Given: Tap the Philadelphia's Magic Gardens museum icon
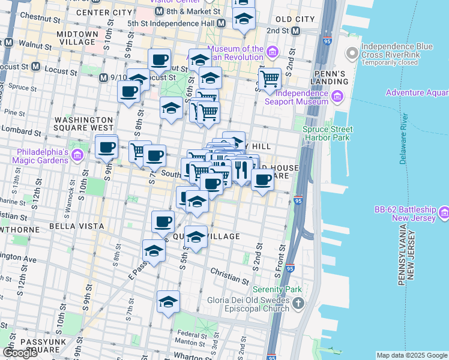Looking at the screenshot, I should pyautogui.click(x=76, y=156).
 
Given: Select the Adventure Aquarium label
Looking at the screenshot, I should pyautogui.click(x=417, y=92).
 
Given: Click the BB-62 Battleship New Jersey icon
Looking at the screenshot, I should pyautogui.click(x=444, y=212).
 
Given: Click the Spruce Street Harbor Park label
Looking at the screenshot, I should pyautogui.click(x=327, y=133).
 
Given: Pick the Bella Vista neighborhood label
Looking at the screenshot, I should pyautogui.click(x=72, y=226).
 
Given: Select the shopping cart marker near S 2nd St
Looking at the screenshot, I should pyautogui.click(x=270, y=78).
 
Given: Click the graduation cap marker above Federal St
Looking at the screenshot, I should pyautogui.click(x=168, y=301).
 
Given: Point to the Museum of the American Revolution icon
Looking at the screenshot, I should pyautogui.click(x=272, y=52).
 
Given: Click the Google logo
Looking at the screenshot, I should pyautogui.click(x=20, y=353).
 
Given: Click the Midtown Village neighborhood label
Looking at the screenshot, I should pyautogui.click(x=76, y=38).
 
